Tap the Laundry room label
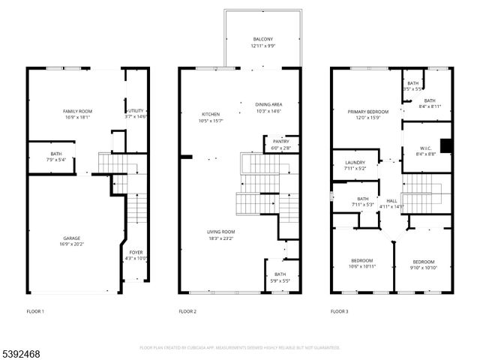point(355,165)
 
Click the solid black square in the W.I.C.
point(445,145)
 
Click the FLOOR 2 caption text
point(187,310)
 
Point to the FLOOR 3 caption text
point(340,310)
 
